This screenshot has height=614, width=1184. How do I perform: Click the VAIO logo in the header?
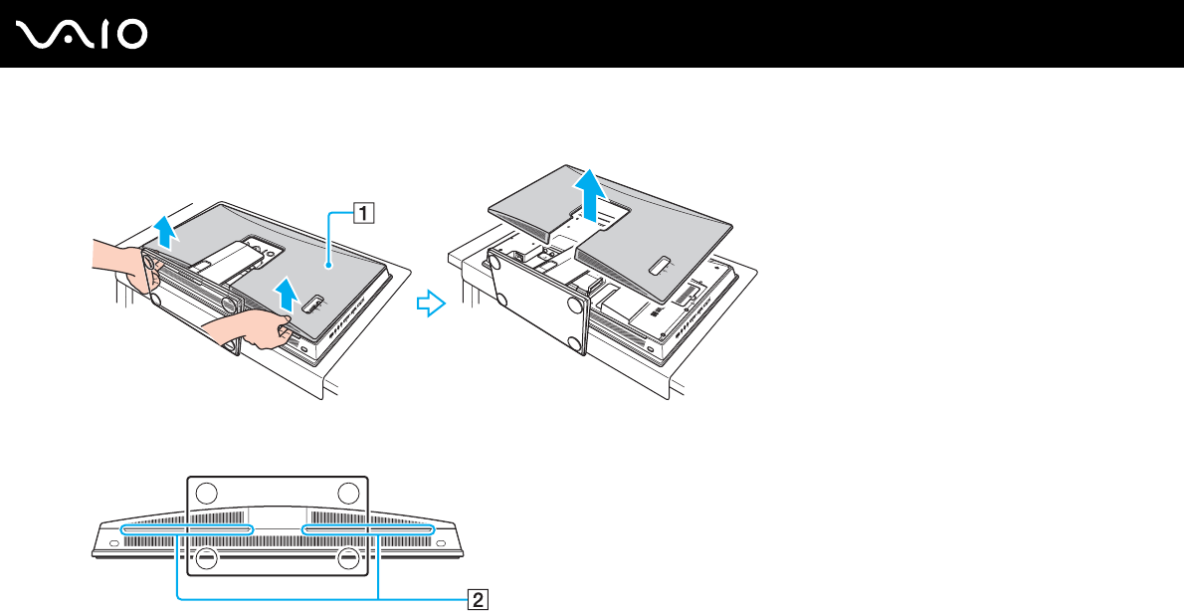83,35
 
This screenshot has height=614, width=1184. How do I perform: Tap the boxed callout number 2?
479,599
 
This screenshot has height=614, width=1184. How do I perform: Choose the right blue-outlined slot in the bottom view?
368,530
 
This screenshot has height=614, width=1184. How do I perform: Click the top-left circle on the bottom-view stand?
206,492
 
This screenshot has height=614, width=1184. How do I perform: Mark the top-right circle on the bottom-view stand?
347,492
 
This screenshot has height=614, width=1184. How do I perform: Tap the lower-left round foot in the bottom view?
206,558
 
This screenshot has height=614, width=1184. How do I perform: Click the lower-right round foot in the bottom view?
347,558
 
